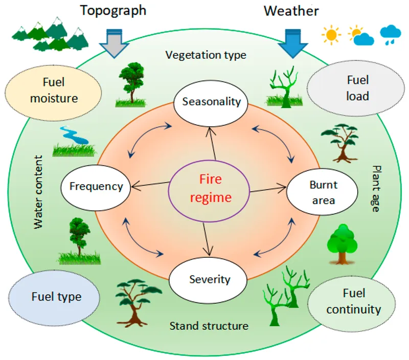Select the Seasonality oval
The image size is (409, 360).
tap(211, 101)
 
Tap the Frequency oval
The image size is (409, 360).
tap(96, 186)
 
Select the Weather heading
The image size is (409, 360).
tap(291, 11)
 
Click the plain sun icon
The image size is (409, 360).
tap(331, 35)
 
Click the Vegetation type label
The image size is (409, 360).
tap(206, 55)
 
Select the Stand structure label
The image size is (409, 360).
tap(209, 325)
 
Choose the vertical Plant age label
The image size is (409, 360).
tap(376, 189)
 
